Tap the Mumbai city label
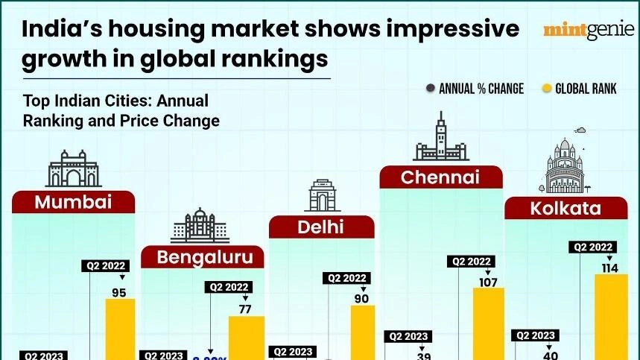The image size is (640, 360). tap(73, 201)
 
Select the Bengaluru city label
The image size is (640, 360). tap(202, 258)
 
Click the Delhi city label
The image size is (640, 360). tap(321, 227)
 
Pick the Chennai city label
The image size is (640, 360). tap(440, 177)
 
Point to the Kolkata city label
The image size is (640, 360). tap(565, 209)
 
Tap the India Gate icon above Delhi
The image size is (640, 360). tap(321, 195)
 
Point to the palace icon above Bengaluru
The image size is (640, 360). tap(200, 226)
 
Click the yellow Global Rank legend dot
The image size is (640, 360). tap(547, 89)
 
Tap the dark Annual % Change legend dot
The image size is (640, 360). tap(430, 89)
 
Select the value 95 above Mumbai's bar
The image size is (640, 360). tap(119, 293)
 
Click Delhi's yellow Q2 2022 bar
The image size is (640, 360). tap(363, 332)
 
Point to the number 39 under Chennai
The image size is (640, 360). tap(423, 356)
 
